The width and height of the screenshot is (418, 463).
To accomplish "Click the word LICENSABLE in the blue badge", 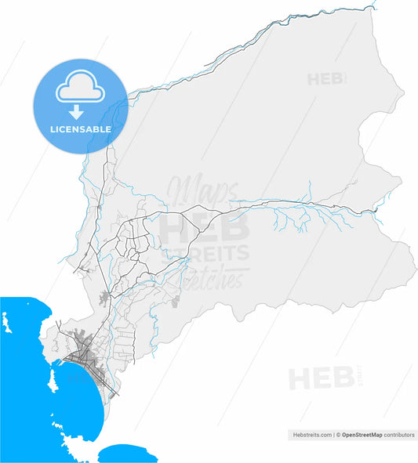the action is [x=81, y=128].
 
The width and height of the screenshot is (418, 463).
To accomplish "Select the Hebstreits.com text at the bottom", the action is [x=312, y=433].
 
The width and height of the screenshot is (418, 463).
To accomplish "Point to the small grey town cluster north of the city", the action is [x=107, y=296].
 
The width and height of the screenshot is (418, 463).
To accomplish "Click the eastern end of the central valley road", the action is [x=375, y=210].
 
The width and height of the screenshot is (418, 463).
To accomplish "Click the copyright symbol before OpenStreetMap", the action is [x=338, y=433].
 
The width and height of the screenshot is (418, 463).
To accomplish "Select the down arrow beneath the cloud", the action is [x=81, y=113].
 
